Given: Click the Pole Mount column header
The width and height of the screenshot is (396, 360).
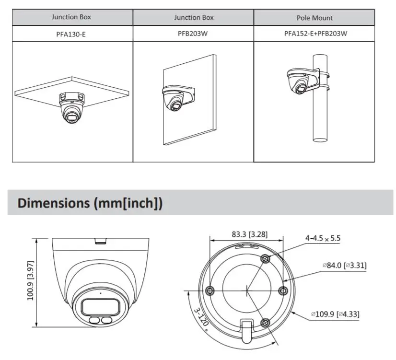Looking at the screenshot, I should [x=314, y=18].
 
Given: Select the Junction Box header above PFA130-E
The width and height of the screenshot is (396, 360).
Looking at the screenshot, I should [x=71, y=17].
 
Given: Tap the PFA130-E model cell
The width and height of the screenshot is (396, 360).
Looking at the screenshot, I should [x=71, y=34].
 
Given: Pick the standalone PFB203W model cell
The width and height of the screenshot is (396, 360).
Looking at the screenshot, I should [x=194, y=34].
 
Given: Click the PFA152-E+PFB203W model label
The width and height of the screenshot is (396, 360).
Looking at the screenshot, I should [x=314, y=34].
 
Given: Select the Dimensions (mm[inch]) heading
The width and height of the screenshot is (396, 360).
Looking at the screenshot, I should [x=90, y=203].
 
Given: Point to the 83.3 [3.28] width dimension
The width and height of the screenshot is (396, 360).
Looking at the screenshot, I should [x=249, y=234].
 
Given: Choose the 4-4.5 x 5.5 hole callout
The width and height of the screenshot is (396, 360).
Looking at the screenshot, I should [x=323, y=238].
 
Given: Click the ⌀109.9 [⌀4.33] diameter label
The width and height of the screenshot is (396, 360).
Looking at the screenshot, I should [x=335, y=314].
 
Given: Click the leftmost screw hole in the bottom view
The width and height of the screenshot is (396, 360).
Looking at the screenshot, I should [x=210, y=291].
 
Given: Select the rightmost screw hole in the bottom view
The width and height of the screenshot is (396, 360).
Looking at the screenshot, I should [x=282, y=290].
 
